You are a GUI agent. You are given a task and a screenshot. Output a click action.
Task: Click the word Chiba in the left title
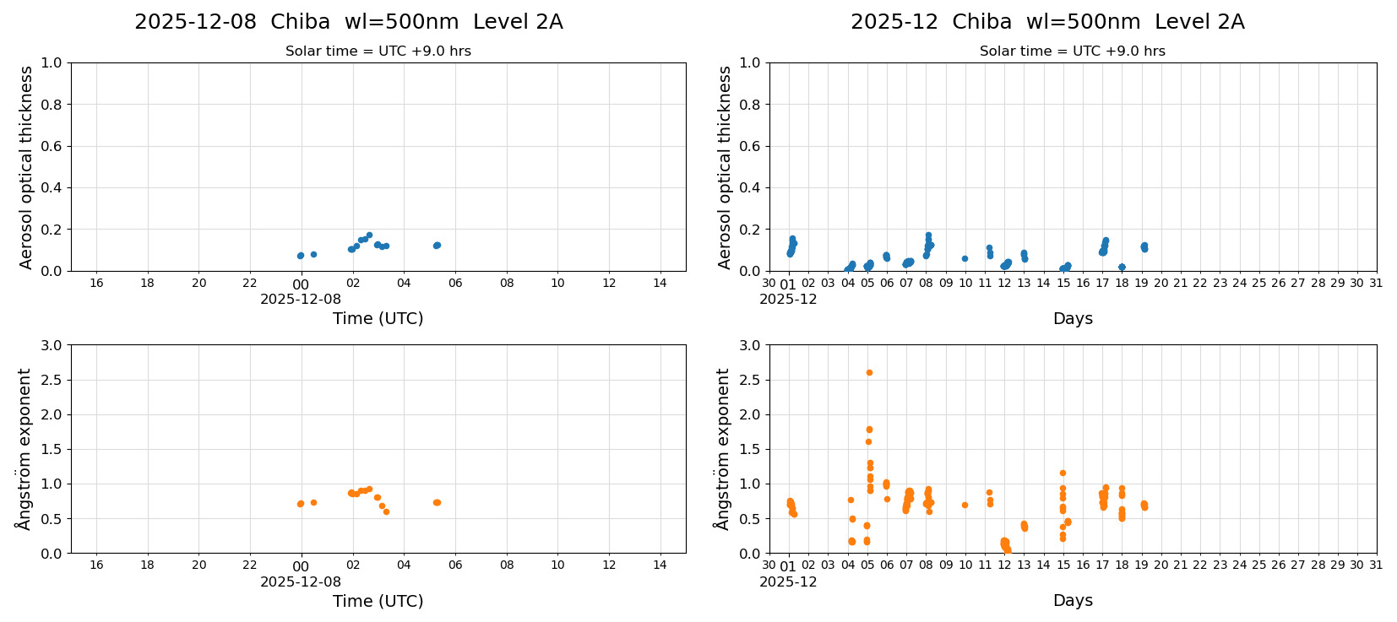click(300, 22)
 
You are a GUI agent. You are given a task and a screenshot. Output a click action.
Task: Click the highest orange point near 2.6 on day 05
click(869, 372)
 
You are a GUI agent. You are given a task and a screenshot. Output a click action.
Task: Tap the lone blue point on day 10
click(965, 258)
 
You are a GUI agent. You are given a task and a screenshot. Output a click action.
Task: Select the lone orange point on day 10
click(965, 505)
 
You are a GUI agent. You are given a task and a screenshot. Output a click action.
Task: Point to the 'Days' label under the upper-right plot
click(1073, 318)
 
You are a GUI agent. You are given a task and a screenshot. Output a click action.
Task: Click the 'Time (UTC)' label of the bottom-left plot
click(378, 601)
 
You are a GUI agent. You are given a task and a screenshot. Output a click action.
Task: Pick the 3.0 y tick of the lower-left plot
click(52, 345)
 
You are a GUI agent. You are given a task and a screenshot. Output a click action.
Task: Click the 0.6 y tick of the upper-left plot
click(52, 146)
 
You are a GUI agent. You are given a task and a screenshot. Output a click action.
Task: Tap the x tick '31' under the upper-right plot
click(1376, 284)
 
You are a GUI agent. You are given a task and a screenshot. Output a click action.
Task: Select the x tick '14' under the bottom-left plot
click(660, 565)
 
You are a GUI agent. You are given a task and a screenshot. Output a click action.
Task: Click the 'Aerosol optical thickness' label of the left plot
click(26, 167)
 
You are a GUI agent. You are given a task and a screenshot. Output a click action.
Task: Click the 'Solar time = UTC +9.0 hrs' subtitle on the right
click(1072, 51)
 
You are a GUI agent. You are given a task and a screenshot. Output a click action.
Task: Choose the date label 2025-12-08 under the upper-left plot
click(301, 299)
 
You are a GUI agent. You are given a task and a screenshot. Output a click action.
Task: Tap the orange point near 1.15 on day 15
click(1063, 473)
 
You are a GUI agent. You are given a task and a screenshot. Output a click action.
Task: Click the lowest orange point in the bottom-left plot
click(386, 511)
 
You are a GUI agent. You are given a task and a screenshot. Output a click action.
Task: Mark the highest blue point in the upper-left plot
click(369, 235)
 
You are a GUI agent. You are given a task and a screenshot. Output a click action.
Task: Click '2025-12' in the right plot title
click(894, 22)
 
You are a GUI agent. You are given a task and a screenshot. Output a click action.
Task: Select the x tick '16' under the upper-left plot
click(96, 284)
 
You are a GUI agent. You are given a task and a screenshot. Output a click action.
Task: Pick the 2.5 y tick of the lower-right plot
click(750, 380)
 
